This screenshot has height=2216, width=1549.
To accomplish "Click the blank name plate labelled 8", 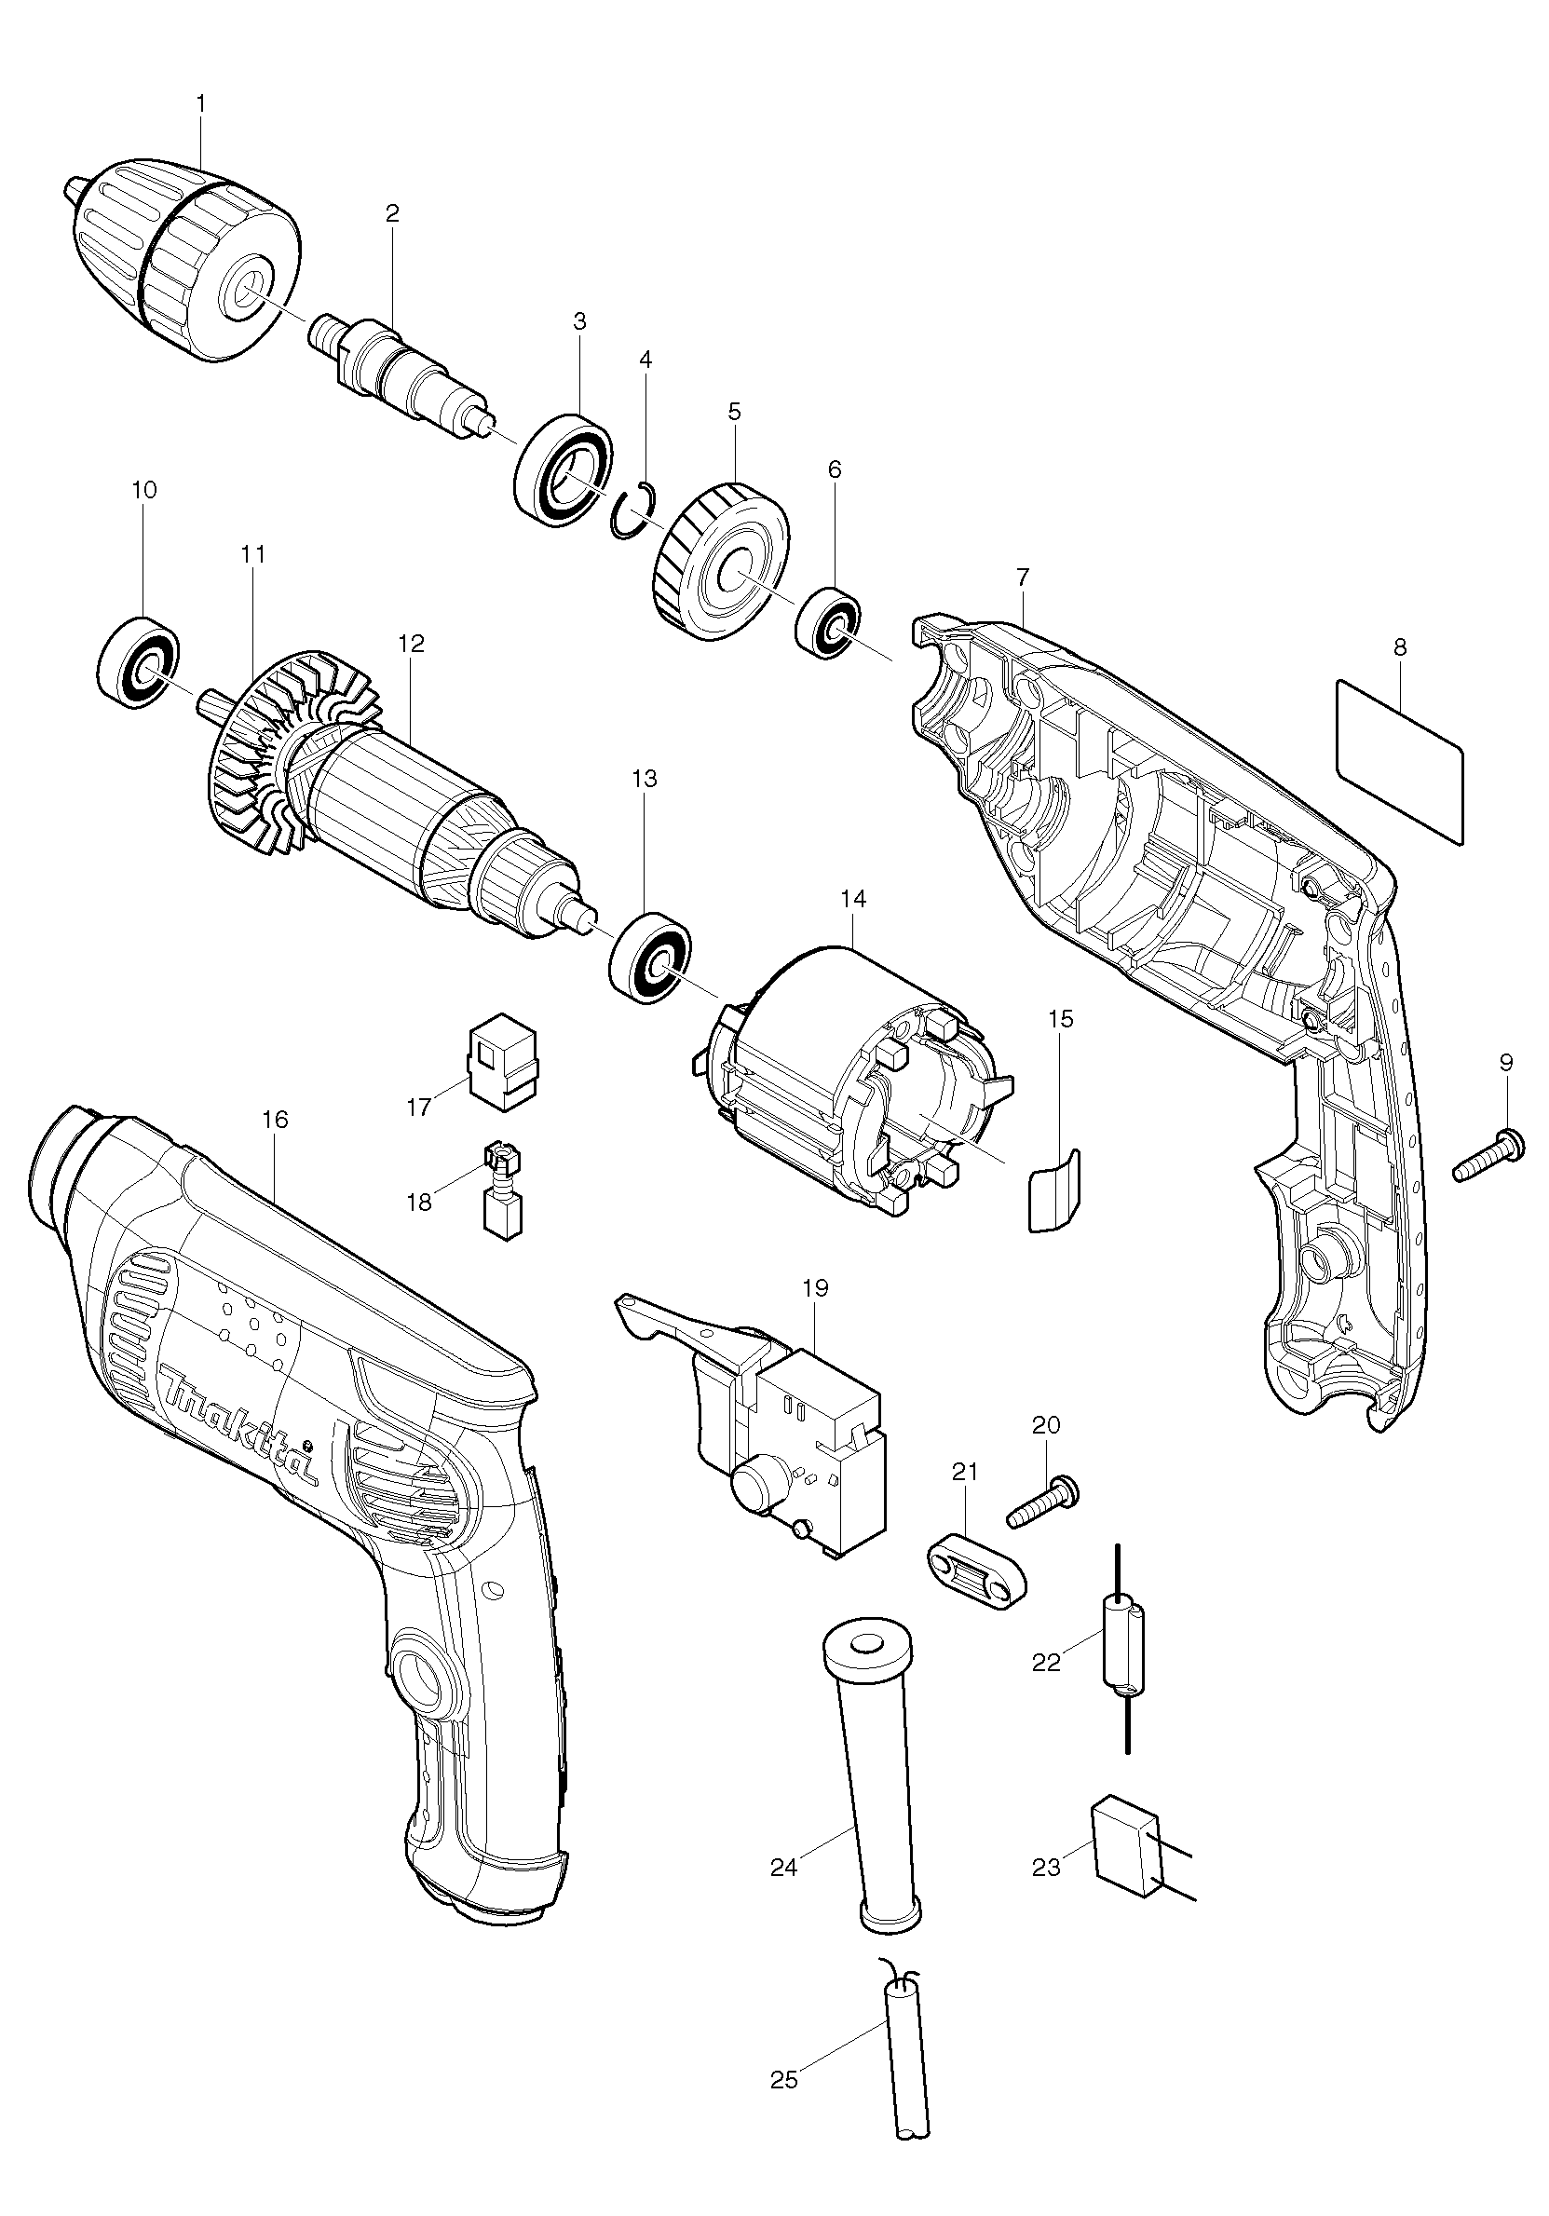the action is [1399, 763].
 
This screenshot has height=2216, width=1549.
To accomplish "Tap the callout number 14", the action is [853, 899].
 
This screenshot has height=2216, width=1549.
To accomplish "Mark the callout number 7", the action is [1023, 578].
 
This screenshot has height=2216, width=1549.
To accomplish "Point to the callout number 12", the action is [411, 643].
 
